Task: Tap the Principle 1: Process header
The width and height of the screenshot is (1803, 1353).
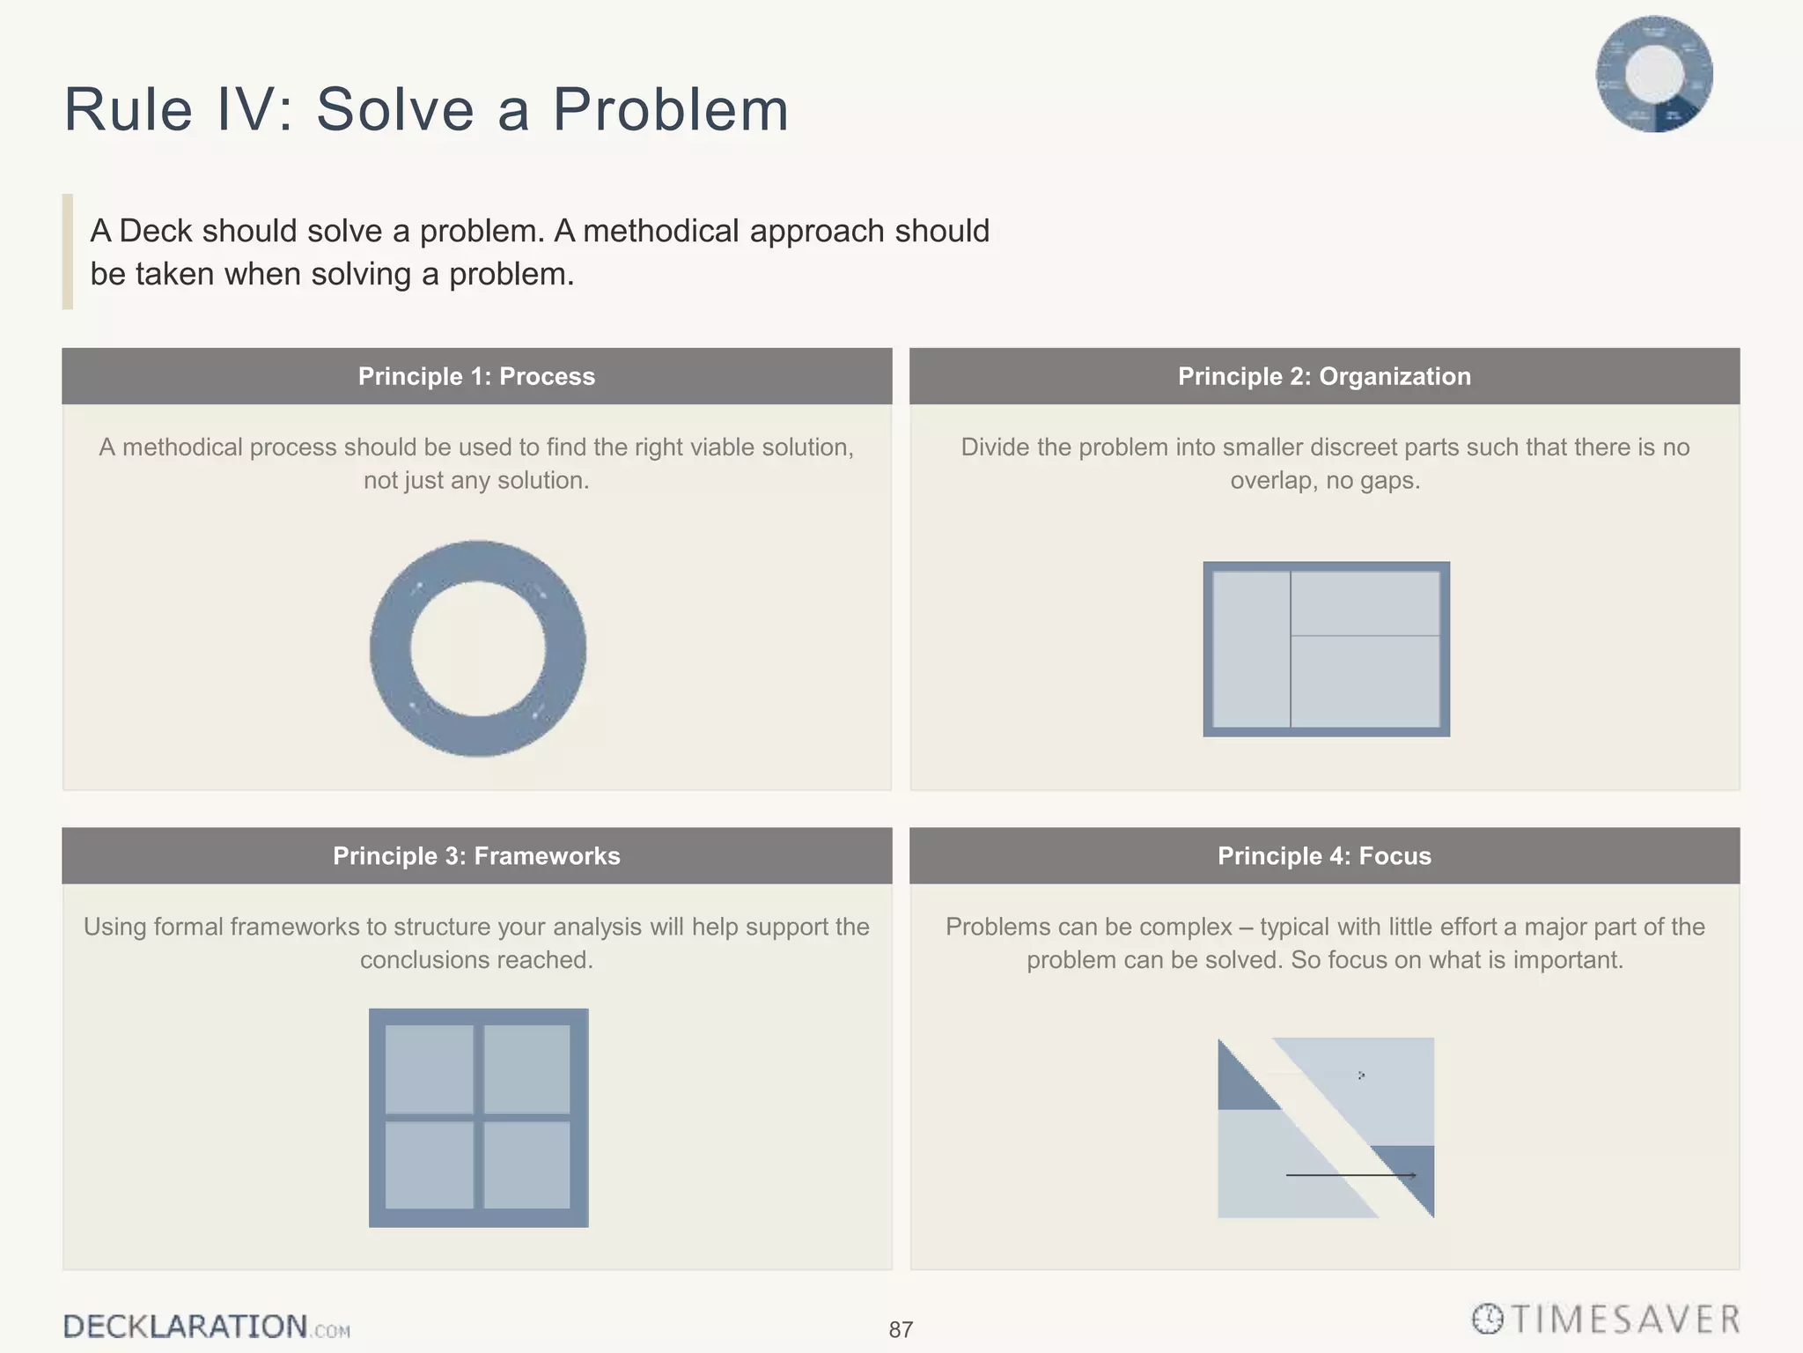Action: click(476, 377)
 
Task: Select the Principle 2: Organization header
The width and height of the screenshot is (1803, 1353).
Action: click(1324, 377)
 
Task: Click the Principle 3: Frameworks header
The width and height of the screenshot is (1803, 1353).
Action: click(476, 856)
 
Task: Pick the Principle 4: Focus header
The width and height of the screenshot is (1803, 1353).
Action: click(1324, 856)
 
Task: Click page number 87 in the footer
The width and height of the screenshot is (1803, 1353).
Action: click(901, 1330)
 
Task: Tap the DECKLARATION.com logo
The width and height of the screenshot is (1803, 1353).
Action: click(206, 1327)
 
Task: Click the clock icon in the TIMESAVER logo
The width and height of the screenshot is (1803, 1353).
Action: click(1488, 1320)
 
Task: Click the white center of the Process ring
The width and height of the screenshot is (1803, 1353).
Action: click(478, 649)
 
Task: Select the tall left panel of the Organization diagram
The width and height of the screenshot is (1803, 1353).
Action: click(1251, 649)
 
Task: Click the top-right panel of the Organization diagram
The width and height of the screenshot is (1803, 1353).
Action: click(1365, 603)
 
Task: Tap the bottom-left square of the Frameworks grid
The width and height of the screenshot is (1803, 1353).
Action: click(430, 1164)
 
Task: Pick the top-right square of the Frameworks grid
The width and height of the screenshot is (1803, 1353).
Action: click(526, 1068)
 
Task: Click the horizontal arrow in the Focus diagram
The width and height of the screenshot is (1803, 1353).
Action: click(1350, 1175)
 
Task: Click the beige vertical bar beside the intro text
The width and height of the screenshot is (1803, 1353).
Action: click(68, 252)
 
